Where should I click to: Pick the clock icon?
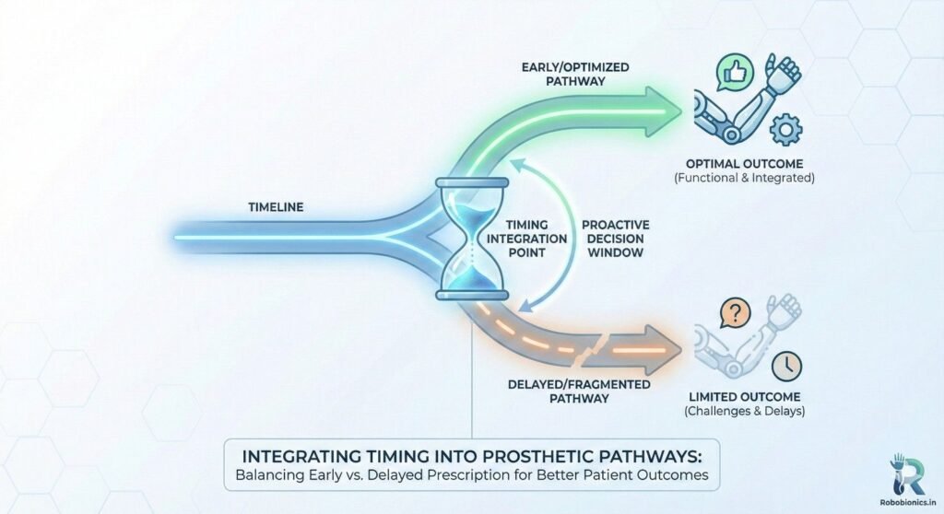coord(786,366)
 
